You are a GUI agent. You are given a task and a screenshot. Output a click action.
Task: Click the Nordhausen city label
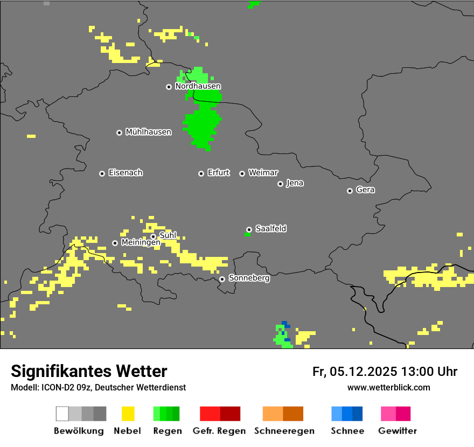coord(198,86)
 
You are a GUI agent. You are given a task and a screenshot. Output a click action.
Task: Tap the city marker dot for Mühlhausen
coord(119,132)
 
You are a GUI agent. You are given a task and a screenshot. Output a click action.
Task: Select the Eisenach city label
coord(126,173)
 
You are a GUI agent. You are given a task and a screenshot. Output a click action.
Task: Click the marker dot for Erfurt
coord(201,173)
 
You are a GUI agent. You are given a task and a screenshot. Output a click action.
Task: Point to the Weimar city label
coord(263,173)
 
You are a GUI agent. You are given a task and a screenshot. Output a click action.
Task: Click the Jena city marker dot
coord(280,184)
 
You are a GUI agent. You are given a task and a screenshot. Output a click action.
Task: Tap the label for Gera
coord(365,190)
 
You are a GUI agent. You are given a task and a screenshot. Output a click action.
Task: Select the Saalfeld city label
coord(271,229)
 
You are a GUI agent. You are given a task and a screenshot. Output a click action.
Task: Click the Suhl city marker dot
coord(153,236)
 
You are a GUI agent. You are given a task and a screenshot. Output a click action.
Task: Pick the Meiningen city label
coord(141,243)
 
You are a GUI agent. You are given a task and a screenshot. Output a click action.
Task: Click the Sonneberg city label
coord(249,278)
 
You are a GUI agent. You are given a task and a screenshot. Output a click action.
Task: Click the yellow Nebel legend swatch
coord(128,414)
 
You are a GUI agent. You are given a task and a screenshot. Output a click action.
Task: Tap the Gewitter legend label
coord(398,431)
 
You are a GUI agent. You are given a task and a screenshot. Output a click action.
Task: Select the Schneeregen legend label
coord(284,431)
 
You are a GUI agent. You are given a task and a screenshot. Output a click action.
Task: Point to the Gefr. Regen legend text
coord(219,431)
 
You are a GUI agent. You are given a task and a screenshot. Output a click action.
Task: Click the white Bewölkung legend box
coord(62,414)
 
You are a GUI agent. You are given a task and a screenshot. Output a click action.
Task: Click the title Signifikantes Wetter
coord(89,371)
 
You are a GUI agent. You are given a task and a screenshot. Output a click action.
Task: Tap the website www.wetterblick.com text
coord(388,388)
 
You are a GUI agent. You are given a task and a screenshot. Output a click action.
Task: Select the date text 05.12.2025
coord(364,372)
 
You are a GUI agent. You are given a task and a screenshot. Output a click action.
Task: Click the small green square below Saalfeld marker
coord(247,234)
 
